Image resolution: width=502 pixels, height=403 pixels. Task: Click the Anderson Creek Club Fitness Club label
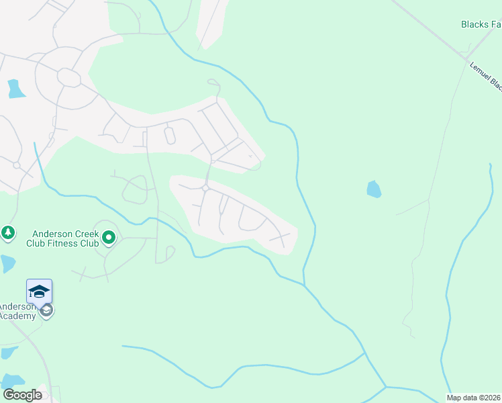click(x=62, y=238)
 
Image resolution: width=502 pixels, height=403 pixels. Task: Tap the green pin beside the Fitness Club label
click(x=109, y=237)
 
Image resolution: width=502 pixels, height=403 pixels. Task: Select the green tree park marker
click(x=7, y=232)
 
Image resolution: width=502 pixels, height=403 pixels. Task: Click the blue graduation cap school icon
click(x=39, y=291)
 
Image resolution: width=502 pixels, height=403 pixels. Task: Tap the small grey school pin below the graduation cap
click(x=46, y=310)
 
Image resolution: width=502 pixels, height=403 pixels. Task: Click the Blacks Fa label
click(x=481, y=24)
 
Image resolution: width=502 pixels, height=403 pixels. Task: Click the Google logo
click(x=22, y=395)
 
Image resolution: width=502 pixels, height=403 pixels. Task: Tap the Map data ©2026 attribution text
click(x=474, y=398)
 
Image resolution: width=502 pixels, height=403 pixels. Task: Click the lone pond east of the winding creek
click(x=374, y=189)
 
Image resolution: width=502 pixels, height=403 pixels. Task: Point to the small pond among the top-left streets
click(x=15, y=89)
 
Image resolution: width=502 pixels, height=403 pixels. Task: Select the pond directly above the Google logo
click(x=11, y=382)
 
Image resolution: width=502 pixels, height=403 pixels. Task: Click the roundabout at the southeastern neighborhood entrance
click(x=205, y=189)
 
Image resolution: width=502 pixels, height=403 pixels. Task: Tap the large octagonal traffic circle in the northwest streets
click(x=68, y=77)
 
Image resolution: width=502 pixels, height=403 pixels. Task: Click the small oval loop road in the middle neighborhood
click(x=169, y=136)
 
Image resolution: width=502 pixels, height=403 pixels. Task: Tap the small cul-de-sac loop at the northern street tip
click(x=213, y=82)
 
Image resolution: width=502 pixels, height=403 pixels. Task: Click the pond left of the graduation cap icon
click(x=6, y=263)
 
